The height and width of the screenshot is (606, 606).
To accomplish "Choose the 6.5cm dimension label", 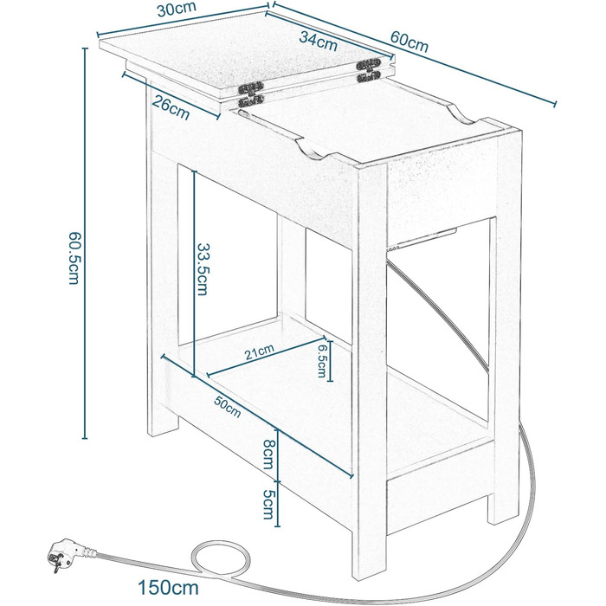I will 321,359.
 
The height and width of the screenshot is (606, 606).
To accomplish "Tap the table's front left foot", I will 160,424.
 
